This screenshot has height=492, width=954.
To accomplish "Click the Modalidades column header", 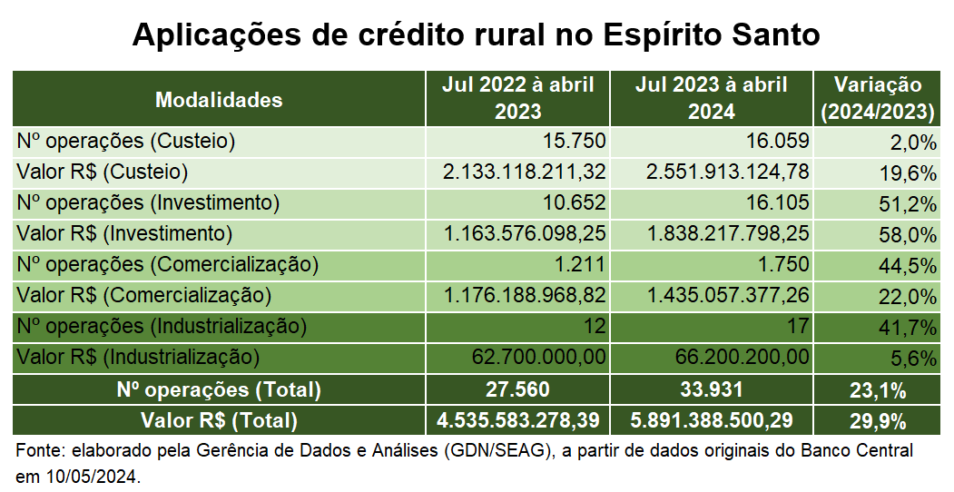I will click(219, 100).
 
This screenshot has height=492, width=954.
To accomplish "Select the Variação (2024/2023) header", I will click(877, 99).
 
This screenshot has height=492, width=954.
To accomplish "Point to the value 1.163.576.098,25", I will click(525, 233).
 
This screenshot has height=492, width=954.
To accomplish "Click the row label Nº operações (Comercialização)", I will click(168, 264).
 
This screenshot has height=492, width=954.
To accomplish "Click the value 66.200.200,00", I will click(743, 357).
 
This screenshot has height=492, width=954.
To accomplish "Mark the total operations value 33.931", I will click(712, 389).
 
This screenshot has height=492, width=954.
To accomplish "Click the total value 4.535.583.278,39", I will click(518, 420).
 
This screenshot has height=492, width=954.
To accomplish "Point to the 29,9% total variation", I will click(877, 420).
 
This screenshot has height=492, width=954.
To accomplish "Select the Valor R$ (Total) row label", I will click(219, 420).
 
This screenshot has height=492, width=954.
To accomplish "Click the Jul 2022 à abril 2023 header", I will click(518, 99).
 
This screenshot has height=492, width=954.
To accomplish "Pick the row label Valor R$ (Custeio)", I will click(103, 172).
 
